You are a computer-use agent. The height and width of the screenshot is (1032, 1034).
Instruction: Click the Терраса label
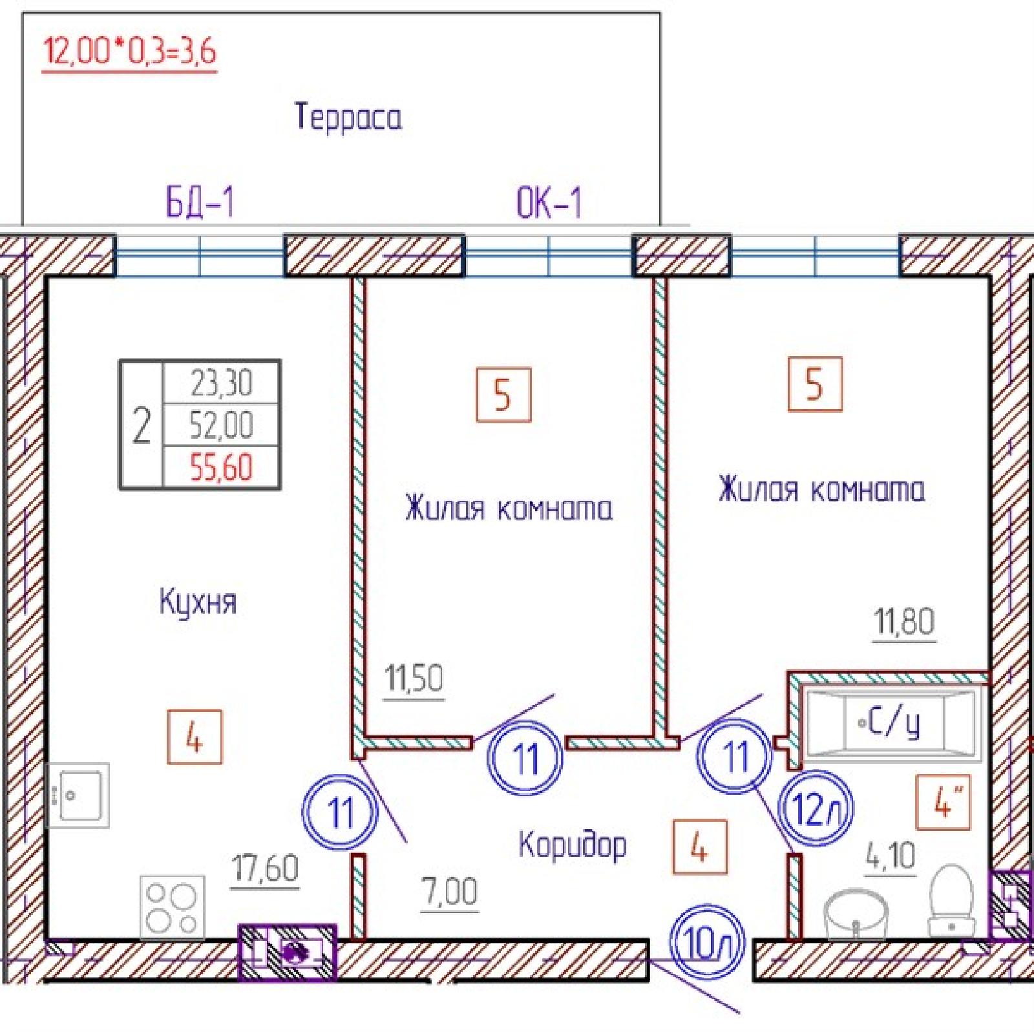coord(348,118)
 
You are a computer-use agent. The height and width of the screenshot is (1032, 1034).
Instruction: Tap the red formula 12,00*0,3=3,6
coord(129,51)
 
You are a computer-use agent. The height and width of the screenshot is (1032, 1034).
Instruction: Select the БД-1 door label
coord(200,202)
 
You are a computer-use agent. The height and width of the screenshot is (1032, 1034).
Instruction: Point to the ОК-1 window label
coord(549,202)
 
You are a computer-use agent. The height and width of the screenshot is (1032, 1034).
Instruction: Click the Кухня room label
coord(198,601)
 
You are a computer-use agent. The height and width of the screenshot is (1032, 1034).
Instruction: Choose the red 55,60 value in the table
coord(221,467)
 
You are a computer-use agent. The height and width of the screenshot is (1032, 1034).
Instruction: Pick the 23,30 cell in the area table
coord(221,383)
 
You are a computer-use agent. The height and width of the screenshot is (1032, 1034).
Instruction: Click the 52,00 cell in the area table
coord(221,425)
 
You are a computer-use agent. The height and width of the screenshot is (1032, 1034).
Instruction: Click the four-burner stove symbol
coord(173,907)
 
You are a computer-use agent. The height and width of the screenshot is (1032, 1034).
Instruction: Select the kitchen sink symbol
coord(78,795)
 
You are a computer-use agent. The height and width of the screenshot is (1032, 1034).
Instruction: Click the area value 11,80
coord(904,622)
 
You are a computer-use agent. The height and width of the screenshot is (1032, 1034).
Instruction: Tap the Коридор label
coord(573,845)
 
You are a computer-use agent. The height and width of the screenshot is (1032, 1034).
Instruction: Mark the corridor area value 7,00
coord(450,892)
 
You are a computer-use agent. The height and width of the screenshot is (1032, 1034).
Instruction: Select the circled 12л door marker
coord(817,808)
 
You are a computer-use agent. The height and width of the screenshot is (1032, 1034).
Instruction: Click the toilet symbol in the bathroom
coord(951,900)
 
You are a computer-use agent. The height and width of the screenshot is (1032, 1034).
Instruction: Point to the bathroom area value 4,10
coord(891,857)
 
